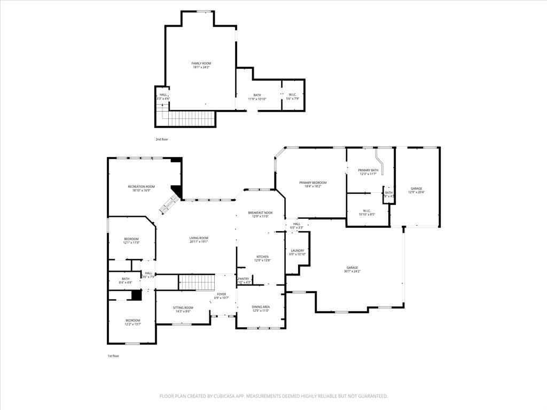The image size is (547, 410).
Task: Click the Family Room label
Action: (x=201, y=63)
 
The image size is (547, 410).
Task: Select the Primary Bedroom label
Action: (x=312, y=183)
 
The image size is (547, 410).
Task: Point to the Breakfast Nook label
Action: (x=260, y=212)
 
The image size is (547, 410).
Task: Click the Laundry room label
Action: (x=298, y=250)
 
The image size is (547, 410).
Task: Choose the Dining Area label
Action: (x=261, y=306)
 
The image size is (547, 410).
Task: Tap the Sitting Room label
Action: (x=183, y=307)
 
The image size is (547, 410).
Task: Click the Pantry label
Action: (x=244, y=279)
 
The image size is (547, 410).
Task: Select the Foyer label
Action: (x=221, y=294)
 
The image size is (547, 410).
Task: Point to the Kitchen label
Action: (x=262, y=257)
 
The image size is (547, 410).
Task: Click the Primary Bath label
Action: (x=368, y=170)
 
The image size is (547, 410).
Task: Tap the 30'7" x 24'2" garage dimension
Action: (x=352, y=272)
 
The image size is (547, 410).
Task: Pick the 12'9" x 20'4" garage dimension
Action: (x=416, y=192)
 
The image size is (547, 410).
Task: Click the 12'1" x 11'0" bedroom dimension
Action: (x=131, y=243)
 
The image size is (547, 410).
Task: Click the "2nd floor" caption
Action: (x=162, y=139)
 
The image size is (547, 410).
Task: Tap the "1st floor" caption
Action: (x=114, y=356)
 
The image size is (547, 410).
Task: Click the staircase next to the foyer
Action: (x=196, y=282)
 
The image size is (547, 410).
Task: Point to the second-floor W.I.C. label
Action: (x=293, y=95)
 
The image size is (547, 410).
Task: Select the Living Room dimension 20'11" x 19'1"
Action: (x=199, y=242)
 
